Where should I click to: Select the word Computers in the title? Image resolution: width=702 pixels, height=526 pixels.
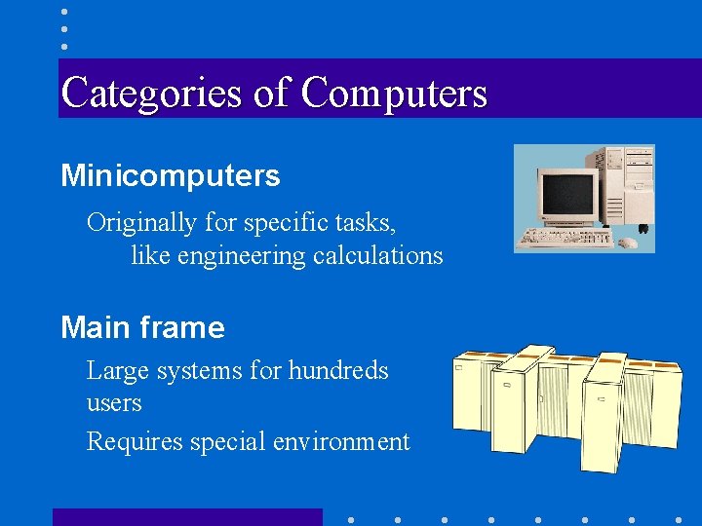[394, 94]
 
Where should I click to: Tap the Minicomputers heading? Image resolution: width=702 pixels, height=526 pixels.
[171, 176]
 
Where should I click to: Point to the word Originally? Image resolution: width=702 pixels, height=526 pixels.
[142, 223]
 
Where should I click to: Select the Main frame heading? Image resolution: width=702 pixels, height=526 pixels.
[142, 327]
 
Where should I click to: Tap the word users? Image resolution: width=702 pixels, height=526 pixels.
[114, 403]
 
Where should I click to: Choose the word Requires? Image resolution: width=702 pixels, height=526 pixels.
[132, 442]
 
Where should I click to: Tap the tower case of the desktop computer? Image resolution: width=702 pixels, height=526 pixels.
[623, 185]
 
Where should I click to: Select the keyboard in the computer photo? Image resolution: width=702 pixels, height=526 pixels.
[565, 237]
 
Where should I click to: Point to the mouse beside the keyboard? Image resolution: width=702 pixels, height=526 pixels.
[630, 241]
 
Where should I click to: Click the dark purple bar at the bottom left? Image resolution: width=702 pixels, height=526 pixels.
[186, 517]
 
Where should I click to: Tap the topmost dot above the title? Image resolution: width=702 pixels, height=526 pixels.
[64, 12]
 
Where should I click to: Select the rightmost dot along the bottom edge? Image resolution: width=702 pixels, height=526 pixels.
[679, 519]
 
